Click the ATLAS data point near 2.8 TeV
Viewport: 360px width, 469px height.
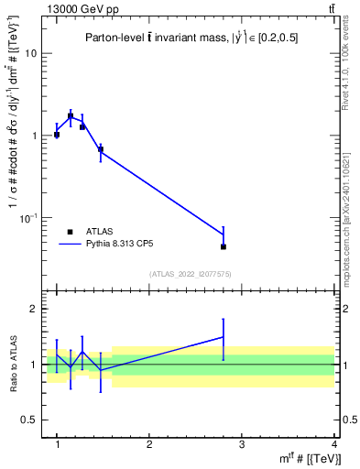pyautogui.click(x=224, y=246)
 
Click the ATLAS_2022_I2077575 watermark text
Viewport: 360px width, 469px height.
pyautogui.click(x=190, y=274)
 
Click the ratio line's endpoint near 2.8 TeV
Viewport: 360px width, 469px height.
pyautogui.click(x=224, y=337)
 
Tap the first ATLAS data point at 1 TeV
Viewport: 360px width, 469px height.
pyautogui.click(x=57, y=135)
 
